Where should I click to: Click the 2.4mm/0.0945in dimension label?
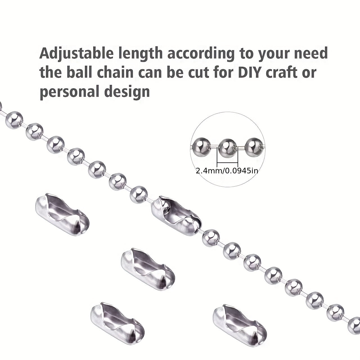[227, 171]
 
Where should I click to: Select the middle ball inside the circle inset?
[227, 147]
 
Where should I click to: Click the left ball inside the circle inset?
[201, 147]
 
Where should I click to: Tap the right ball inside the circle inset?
[253, 147]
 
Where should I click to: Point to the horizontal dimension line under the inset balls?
[227, 163]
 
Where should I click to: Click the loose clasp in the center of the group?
[148, 266]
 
